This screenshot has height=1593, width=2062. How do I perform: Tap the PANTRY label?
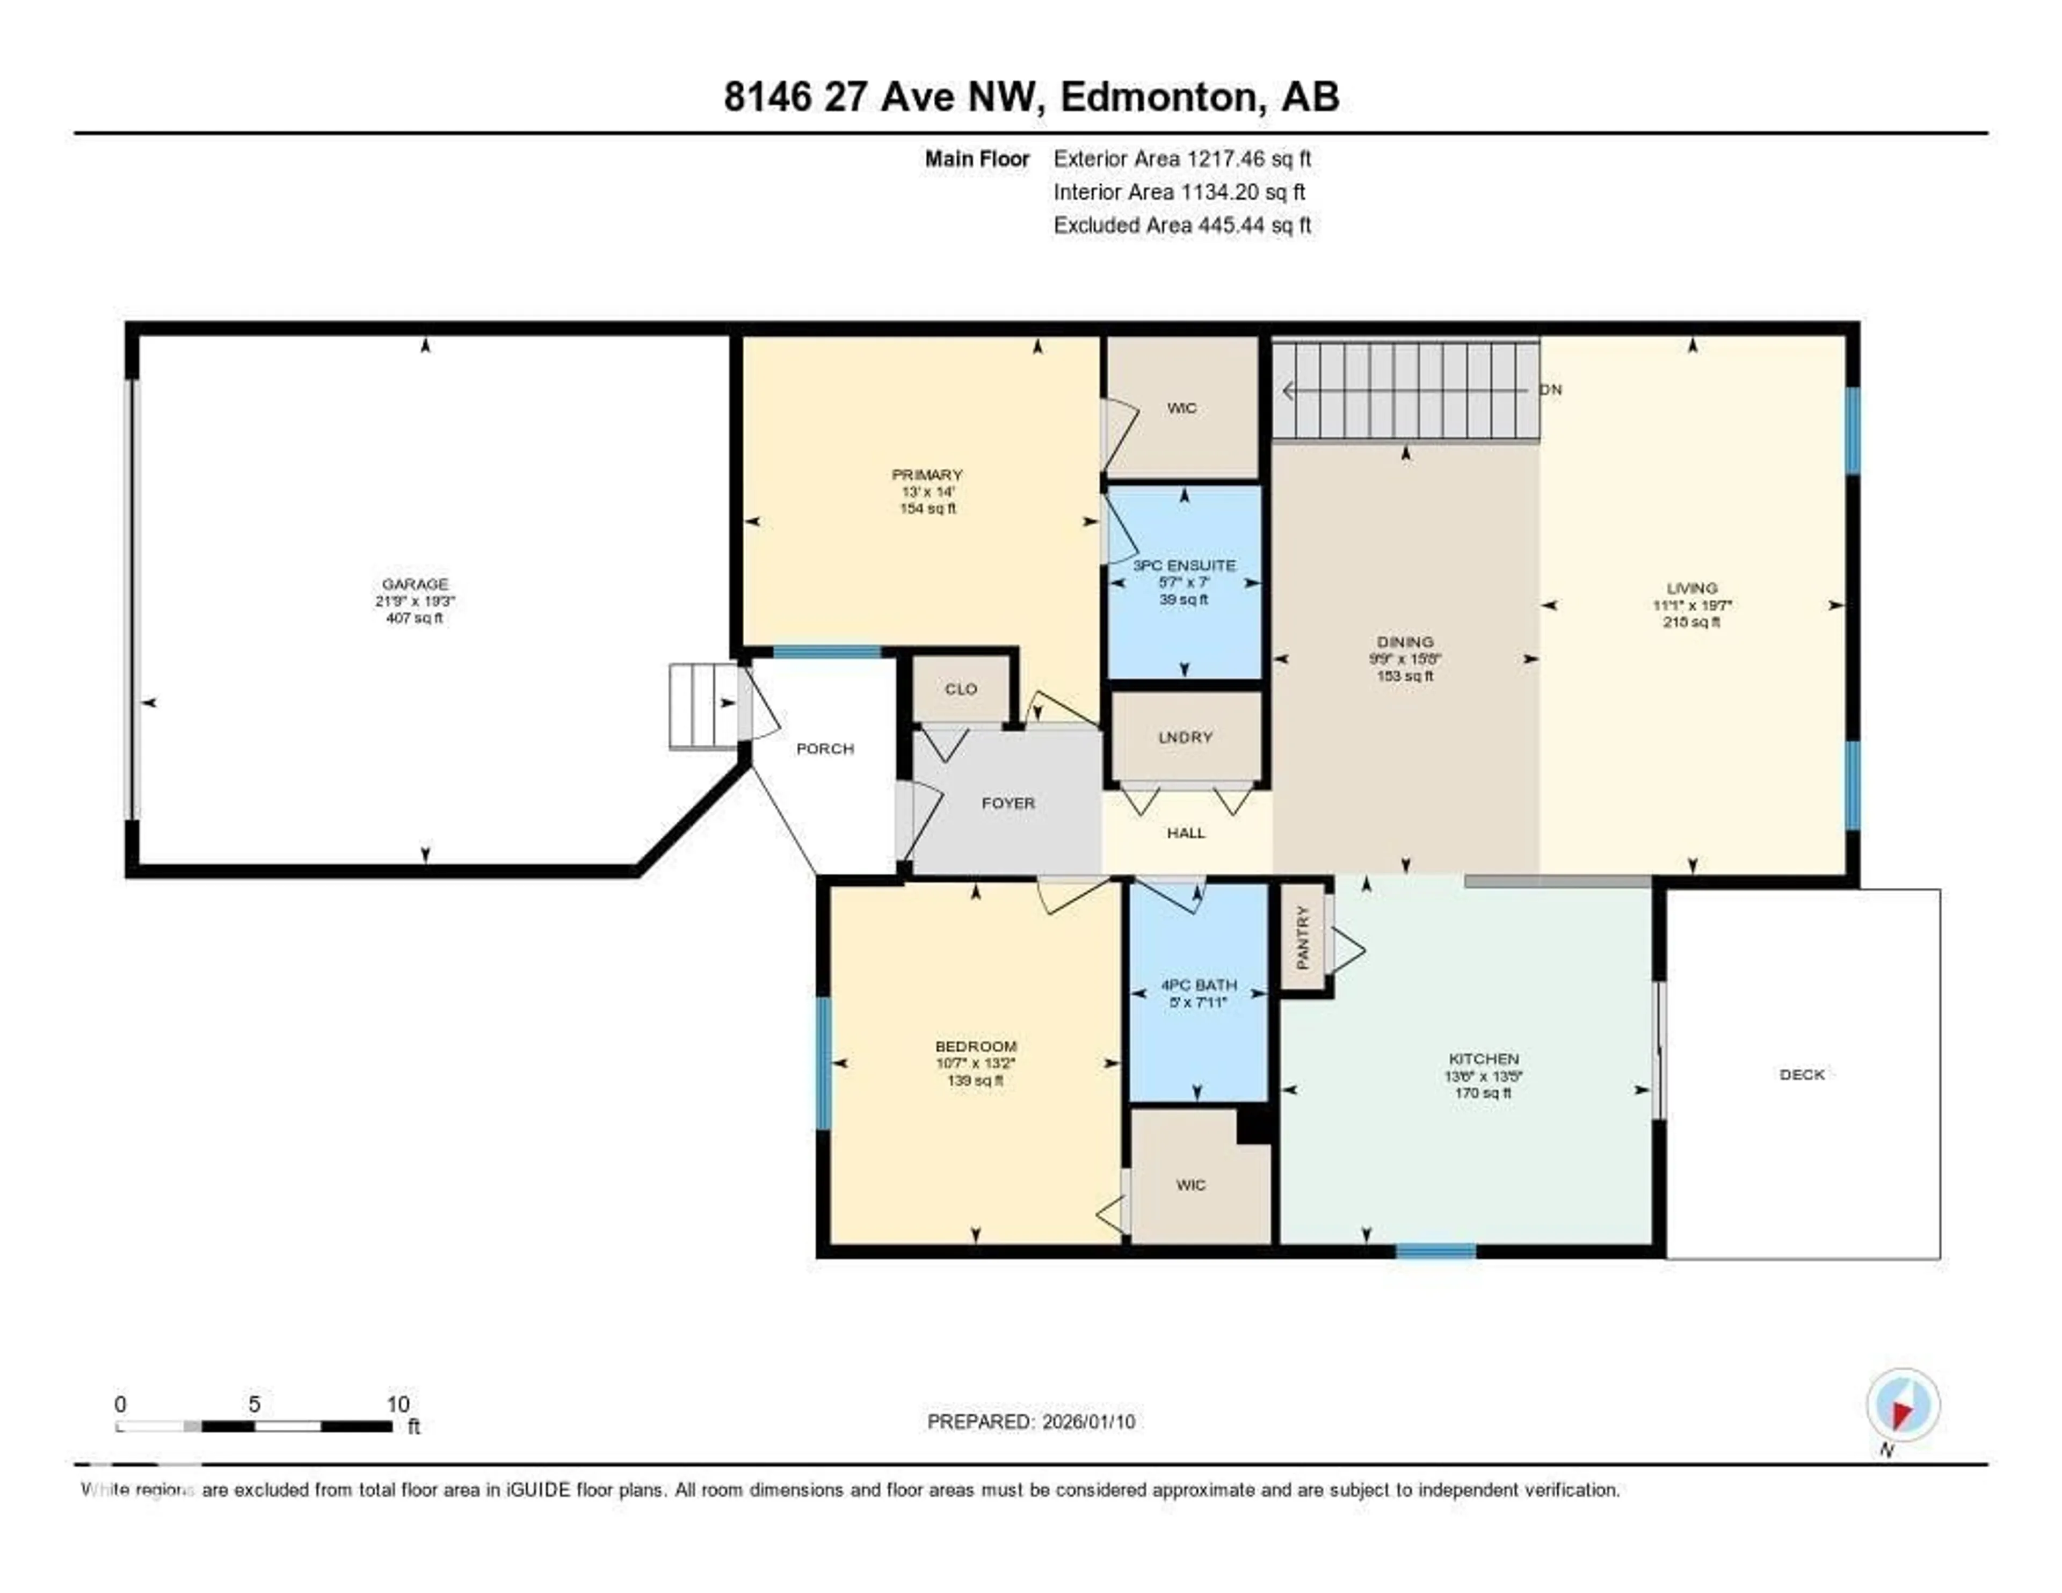point(1303,938)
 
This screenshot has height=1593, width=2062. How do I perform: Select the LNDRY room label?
point(1185,737)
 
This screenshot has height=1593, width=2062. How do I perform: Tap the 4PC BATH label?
point(1198,985)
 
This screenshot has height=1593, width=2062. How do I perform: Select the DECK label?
point(1802,1075)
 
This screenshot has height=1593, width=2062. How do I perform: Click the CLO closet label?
point(961,689)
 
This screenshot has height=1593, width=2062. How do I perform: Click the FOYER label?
point(1008,803)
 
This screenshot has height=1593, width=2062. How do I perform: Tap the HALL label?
point(1186,833)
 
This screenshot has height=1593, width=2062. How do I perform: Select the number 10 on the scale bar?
point(397,1404)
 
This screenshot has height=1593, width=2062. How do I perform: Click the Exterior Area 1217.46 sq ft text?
point(1182,158)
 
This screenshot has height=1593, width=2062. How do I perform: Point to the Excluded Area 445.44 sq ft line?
point(1182,225)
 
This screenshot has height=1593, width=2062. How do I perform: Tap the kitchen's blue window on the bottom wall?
point(1435,1252)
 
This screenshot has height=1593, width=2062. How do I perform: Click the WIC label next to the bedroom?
point(1190,1185)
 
